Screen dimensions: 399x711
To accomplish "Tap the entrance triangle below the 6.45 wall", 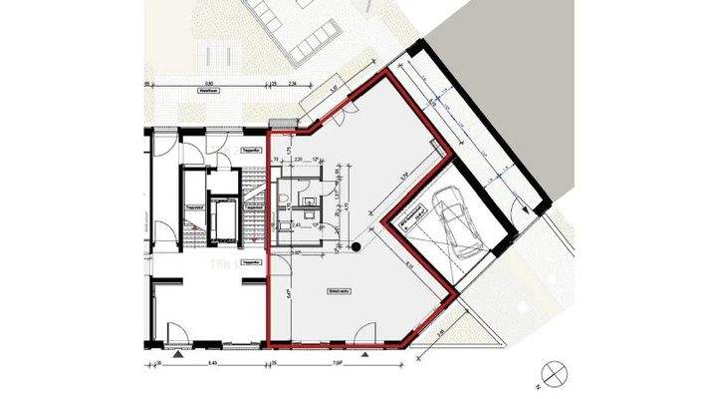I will point(177,354).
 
